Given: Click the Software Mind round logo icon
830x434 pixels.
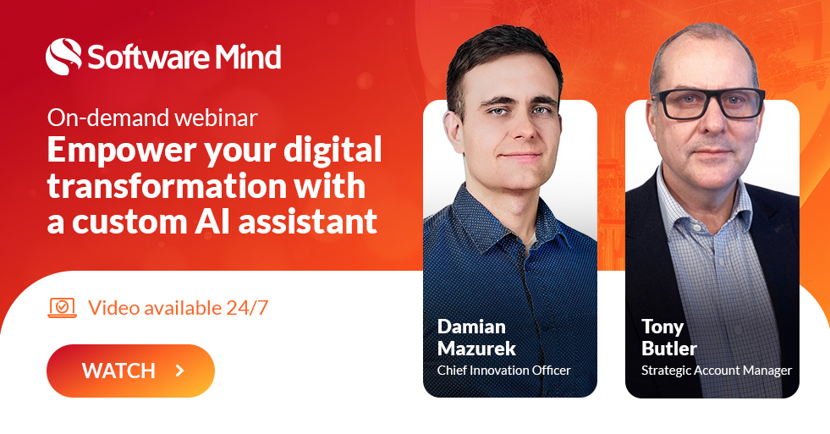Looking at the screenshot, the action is (x=64, y=57).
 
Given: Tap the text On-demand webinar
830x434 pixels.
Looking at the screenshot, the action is (x=152, y=118).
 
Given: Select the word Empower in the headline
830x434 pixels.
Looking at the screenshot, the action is (x=123, y=151).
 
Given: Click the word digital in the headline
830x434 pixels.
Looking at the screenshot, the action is (x=333, y=150).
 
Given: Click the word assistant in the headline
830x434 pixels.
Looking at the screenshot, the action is (x=307, y=222).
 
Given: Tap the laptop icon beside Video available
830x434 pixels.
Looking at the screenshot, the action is (x=63, y=307).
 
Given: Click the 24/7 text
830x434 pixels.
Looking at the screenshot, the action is (x=247, y=307).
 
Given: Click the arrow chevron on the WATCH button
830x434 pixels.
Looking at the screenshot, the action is (x=180, y=371).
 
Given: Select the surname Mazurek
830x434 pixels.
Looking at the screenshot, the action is (x=476, y=349).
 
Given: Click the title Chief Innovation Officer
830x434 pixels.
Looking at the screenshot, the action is (x=504, y=370).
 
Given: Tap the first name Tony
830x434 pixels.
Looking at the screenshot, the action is (x=662, y=327).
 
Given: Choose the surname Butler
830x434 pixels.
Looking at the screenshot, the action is (x=669, y=349).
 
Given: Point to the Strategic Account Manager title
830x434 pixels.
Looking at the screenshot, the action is (x=717, y=371).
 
